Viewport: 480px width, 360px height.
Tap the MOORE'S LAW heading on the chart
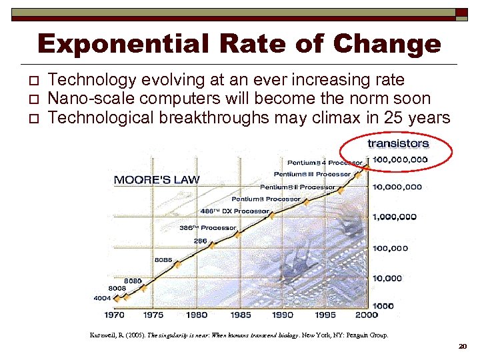(157, 180)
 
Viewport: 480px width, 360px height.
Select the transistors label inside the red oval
(398, 143)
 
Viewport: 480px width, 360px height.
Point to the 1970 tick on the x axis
(115, 315)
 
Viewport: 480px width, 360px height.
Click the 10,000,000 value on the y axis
(397, 187)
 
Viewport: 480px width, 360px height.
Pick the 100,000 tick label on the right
(390, 249)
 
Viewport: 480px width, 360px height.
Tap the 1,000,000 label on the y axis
(394, 217)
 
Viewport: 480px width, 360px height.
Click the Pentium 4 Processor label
(325, 163)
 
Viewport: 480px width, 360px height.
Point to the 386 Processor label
(207, 228)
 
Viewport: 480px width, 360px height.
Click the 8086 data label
(163, 259)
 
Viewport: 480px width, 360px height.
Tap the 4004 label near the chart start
(102, 298)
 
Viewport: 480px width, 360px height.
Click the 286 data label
(200, 241)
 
